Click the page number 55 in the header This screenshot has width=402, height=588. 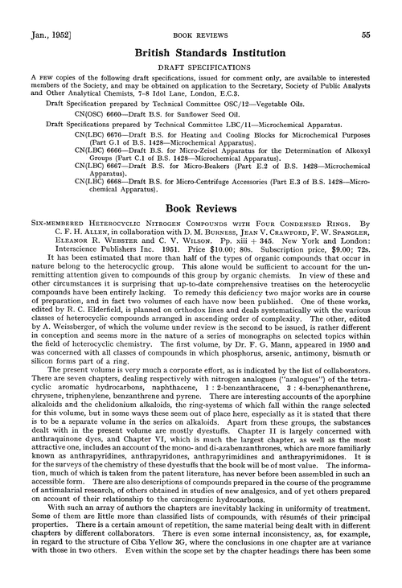[x=365, y=35]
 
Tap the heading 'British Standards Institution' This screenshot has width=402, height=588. [x=201, y=51]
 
